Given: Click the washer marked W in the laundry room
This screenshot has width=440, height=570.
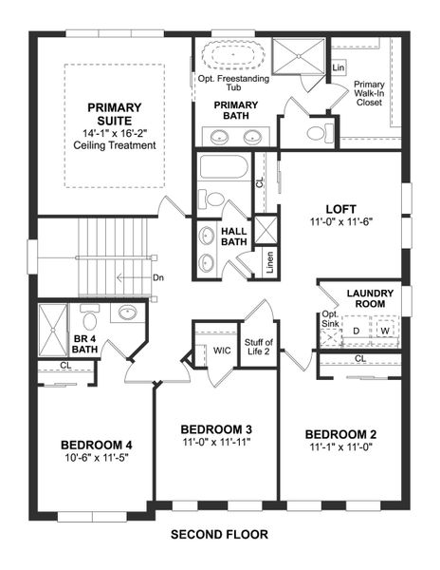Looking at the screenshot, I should pos(384,330).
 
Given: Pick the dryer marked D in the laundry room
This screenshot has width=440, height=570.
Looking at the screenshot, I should pos(356,330).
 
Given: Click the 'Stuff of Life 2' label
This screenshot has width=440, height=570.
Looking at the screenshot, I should pos(259,348).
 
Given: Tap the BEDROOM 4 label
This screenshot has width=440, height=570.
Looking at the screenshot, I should pos(96,445).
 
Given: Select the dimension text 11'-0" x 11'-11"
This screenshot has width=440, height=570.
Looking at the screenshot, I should pos(216,442).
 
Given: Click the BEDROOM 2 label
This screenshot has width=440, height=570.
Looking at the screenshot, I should pos(340,432).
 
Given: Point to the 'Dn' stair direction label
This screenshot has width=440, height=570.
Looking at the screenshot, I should pos(157,278).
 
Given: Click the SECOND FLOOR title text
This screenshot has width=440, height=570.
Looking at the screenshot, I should pos(219,534).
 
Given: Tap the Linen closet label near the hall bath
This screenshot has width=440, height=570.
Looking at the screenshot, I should pos(269,262).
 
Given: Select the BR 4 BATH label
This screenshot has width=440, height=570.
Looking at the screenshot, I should pos(59,343).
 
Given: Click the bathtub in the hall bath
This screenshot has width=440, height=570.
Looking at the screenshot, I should pos(224,171).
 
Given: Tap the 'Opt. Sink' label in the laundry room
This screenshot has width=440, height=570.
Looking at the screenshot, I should pos(329,320).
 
